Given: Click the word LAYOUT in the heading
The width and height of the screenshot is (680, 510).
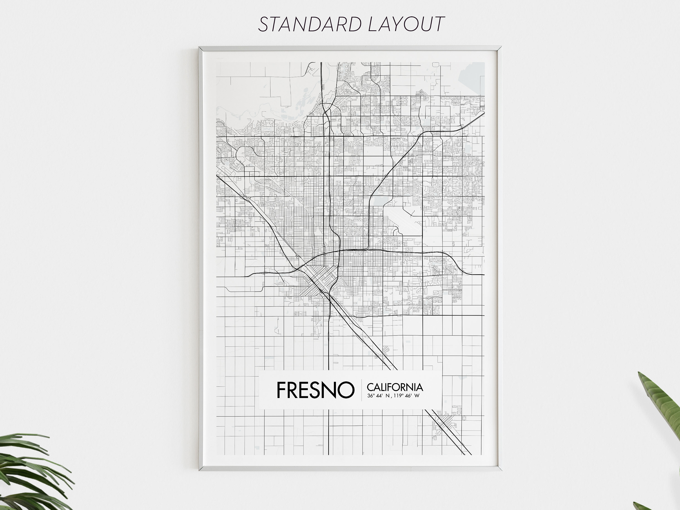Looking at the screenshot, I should pyautogui.click(x=406, y=24).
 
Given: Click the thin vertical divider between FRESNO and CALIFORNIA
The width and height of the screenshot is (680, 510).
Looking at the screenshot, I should pyautogui.click(x=361, y=390).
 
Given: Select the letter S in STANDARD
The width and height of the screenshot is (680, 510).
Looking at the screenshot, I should pyautogui.click(x=263, y=24).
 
